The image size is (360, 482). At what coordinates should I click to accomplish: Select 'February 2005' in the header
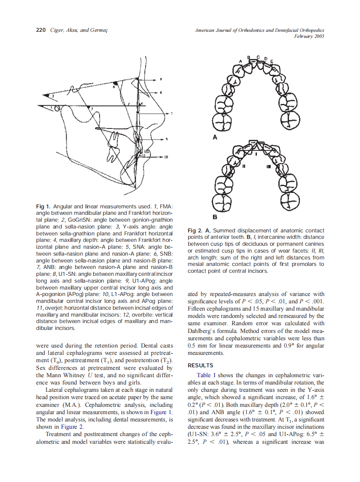309,37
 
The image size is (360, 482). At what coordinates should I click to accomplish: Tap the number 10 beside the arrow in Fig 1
166,158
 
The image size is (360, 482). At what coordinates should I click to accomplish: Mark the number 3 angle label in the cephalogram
91,109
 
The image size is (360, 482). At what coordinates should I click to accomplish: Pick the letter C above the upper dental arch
258,57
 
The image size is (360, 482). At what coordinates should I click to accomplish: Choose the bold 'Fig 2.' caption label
195,231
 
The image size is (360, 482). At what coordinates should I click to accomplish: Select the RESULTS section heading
201,366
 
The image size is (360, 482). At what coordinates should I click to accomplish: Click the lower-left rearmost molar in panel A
223,123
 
